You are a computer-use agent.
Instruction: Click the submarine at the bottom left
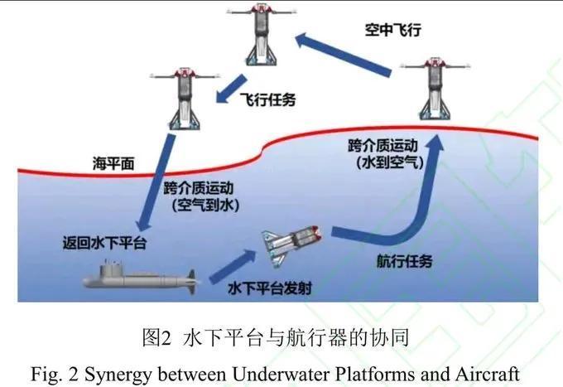coord(140,278)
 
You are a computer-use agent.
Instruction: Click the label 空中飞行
coord(392,30)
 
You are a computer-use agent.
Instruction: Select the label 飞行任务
coord(268,99)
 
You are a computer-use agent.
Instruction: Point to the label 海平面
coord(113,163)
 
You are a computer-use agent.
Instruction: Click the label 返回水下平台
coord(105,243)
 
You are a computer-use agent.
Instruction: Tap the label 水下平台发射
coord(270,288)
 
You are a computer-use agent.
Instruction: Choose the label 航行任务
coord(404,261)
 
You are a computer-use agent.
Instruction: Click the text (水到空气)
coord(390,162)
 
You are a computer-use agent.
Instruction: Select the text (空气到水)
coord(205,206)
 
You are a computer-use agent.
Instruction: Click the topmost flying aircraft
coord(262,34)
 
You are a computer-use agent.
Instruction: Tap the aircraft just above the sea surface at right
coord(435,89)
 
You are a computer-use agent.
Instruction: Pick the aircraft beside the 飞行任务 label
coord(185,99)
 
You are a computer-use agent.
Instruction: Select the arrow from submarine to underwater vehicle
coord(232,267)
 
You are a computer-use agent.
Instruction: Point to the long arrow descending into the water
coord(155,183)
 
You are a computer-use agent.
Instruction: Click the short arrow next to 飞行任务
coord(231,89)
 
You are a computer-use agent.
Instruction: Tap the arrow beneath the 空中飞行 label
coord(344,54)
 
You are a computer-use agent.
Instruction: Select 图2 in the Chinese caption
coord(157,338)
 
